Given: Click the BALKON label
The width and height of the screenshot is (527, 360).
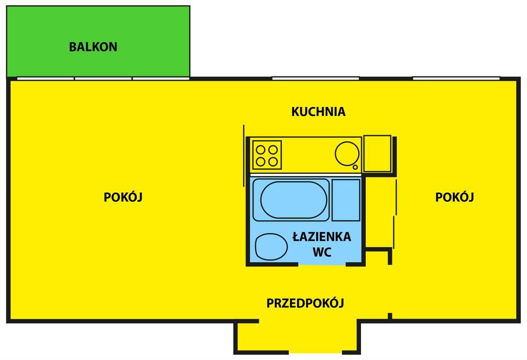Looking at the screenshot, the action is pyautogui.click(x=93, y=47).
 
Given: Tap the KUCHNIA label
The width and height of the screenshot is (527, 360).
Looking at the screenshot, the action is pyautogui.click(x=318, y=112).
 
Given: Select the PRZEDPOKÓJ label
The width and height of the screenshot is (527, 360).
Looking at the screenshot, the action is pyautogui.click(x=305, y=303).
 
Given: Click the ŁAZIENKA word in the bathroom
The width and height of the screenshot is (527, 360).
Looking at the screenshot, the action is pyautogui.click(x=321, y=236).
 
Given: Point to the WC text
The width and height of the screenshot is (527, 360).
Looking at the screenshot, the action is pyautogui.click(x=322, y=252).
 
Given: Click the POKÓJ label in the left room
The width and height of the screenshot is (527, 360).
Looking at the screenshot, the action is pyautogui.click(x=123, y=197).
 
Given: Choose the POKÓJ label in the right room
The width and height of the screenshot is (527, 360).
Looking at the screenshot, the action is pyautogui.click(x=454, y=197).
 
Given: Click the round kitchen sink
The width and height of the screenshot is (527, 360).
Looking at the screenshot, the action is pyautogui.click(x=347, y=153).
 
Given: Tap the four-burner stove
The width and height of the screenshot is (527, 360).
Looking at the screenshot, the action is pyautogui.click(x=267, y=155).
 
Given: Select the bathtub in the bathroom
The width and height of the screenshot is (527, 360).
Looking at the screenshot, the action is pyautogui.click(x=291, y=200).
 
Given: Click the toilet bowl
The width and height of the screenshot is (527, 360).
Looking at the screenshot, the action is pyautogui.click(x=271, y=247).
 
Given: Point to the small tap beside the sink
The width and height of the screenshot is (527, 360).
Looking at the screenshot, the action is pyautogui.click(x=355, y=167).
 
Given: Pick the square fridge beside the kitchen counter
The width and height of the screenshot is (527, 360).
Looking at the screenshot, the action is pyautogui.click(x=377, y=153).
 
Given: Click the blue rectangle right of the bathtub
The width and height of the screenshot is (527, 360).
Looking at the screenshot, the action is pyautogui.click(x=346, y=200).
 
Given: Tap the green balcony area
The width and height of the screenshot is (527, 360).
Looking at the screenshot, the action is pyautogui.click(x=98, y=41).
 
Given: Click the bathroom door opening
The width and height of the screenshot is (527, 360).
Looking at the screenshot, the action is pyautogui.click(x=322, y=265).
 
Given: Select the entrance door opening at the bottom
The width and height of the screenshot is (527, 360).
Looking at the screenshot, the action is pyautogui.click(x=315, y=353).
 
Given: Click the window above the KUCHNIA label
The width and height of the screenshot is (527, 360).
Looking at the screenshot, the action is pyautogui.click(x=315, y=79).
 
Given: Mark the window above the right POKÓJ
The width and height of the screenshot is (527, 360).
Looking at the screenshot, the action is pyautogui.click(x=456, y=79).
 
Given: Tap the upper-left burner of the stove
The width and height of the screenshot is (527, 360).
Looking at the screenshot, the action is pyautogui.click(x=261, y=150).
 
